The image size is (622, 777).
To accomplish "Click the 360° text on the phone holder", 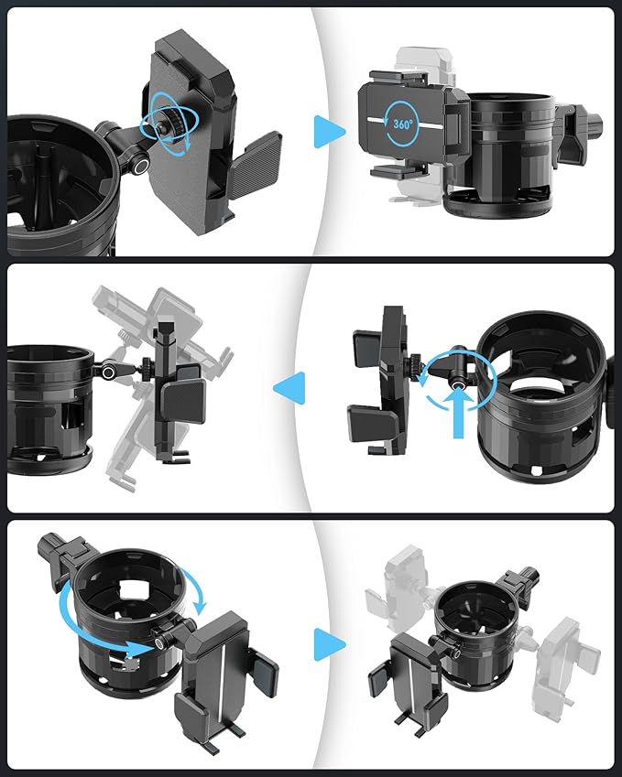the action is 402,124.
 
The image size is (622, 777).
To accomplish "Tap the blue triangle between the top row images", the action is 330,132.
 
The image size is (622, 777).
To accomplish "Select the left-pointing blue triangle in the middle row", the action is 289,388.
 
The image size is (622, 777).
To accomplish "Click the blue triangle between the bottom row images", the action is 330,644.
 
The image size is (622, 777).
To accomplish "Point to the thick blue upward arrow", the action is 459,413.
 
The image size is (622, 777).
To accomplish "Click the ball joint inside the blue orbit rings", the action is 163,127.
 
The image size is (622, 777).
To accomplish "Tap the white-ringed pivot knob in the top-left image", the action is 141,167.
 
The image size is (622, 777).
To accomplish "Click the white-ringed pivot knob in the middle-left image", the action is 107,372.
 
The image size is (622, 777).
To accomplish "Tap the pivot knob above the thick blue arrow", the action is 456,382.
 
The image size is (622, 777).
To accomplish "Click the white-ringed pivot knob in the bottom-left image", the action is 161,642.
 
